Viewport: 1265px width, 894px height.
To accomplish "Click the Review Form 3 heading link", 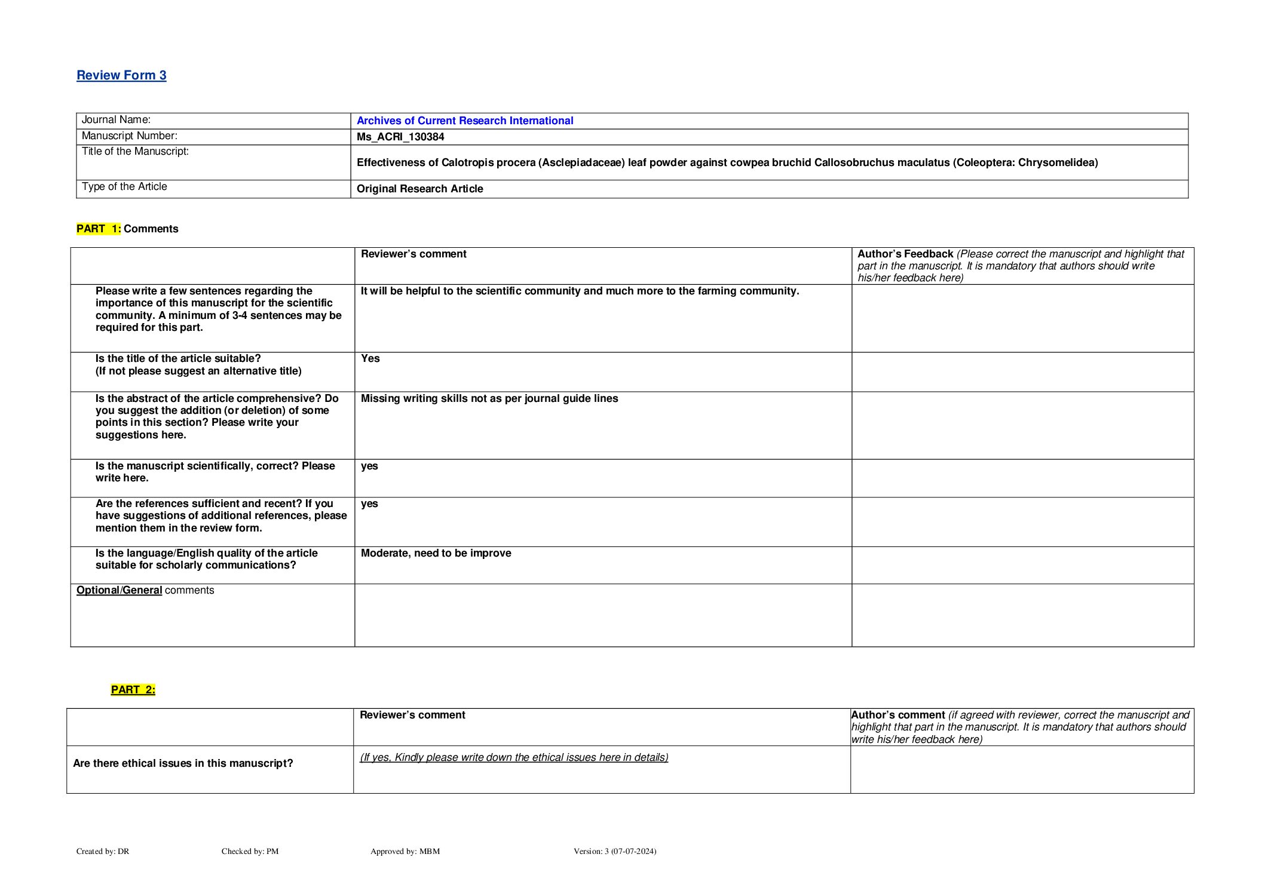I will pyautogui.click(x=121, y=75).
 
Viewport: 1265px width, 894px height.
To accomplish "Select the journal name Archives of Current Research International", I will pyautogui.click(x=464, y=121).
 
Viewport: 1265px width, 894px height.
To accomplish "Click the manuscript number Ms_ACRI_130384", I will pyautogui.click(x=400, y=137).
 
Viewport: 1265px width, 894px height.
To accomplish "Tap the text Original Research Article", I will pyautogui.click(x=419, y=189).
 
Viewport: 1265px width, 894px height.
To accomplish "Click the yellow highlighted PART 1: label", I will pyautogui.click(x=99, y=229).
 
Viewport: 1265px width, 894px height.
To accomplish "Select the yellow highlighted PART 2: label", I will pyautogui.click(x=133, y=690).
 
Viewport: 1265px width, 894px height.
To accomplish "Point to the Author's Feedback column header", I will pyautogui.click(x=905, y=254).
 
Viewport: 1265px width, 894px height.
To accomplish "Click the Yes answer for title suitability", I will pyautogui.click(x=370, y=358).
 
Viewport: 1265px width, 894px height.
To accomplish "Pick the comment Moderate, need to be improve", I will pyautogui.click(x=436, y=553).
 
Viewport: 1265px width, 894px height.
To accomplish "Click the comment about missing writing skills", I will pyautogui.click(x=489, y=398).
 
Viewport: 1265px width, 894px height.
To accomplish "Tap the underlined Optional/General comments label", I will pyautogui.click(x=145, y=590).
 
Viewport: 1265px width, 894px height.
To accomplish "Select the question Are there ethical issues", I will pyautogui.click(x=183, y=763).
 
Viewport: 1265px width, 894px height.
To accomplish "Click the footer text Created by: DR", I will pyautogui.click(x=103, y=851).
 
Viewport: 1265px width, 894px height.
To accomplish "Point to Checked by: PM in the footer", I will pyautogui.click(x=250, y=851).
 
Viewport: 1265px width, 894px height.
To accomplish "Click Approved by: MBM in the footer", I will pyautogui.click(x=405, y=851).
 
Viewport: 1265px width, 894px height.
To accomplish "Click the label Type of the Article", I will pyautogui.click(x=124, y=186).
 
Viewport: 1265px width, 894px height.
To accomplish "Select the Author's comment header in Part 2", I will pyautogui.click(x=898, y=715).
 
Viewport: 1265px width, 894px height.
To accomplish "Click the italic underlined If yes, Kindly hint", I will pyautogui.click(x=513, y=757).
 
